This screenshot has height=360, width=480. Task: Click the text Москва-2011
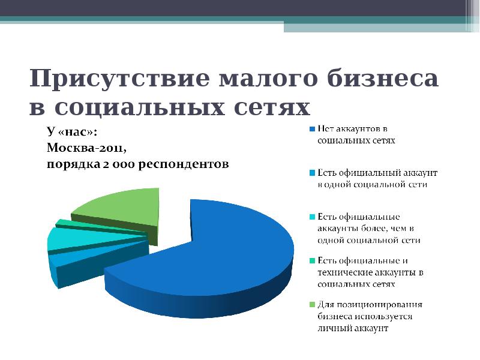(x=87, y=147)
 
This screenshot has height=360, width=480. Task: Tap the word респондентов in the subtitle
(x=185, y=164)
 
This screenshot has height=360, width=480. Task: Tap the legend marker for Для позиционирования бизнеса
(x=312, y=305)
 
